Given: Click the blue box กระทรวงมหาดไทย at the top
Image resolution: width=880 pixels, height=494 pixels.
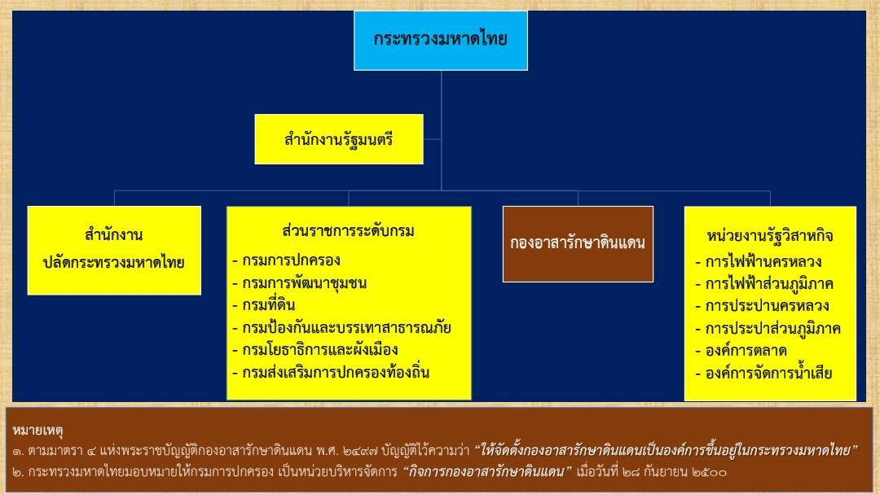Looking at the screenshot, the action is pos(441,41).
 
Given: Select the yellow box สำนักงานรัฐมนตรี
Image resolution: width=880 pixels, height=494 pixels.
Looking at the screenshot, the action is pos(339,139).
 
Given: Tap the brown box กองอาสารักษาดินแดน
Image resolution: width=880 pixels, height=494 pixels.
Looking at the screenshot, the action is pos(578,244).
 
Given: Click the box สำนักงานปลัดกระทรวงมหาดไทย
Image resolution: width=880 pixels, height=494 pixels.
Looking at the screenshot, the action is pos(114,250).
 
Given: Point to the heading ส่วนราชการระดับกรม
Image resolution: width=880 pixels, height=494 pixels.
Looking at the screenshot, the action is pos(349,231).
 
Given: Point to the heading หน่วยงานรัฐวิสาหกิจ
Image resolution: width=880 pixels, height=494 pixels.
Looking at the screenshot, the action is pos(770,235).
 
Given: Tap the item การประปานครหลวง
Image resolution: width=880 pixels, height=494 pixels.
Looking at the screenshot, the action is pos(762,305).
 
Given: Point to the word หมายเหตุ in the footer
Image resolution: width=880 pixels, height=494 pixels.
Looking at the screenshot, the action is pos(37,431).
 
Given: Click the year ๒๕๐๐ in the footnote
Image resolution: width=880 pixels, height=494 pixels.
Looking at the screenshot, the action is pos(709,472).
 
